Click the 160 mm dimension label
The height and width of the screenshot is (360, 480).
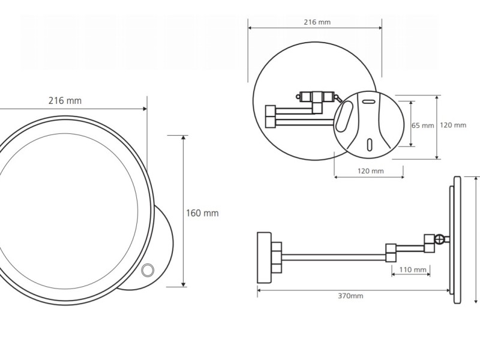click(x=202, y=213)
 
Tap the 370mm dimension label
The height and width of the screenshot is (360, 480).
click(x=350, y=296)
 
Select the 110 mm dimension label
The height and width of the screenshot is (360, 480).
click(x=413, y=269)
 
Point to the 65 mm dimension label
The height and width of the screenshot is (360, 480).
click(x=423, y=125)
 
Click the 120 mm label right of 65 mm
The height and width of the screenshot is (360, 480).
click(x=453, y=125)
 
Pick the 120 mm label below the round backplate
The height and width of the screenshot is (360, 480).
click(x=370, y=171)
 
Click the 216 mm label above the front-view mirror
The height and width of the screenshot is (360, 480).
click(x=65, y=100)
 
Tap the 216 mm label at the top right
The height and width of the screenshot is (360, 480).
click(x=317, y=22)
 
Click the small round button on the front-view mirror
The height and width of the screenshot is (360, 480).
click(x=148, y=271)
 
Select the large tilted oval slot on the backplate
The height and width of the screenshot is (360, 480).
click(x=344, y=116)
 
